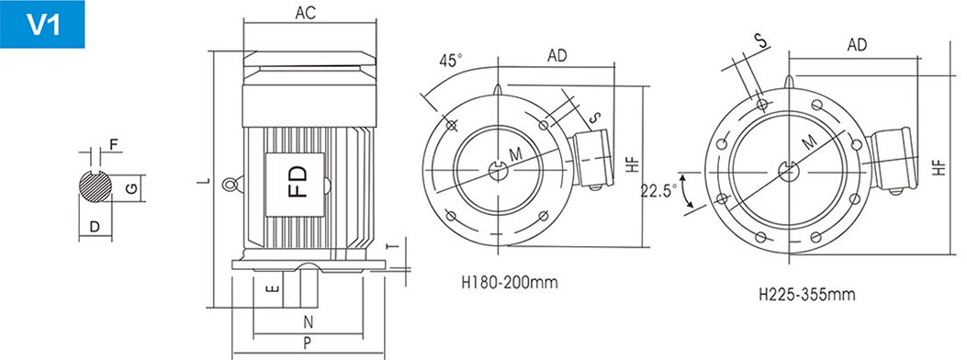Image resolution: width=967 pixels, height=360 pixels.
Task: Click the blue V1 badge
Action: (42, 24)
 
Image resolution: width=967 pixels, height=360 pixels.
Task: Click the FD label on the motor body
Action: (298, 180)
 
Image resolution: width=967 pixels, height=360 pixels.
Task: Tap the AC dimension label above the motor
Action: (305, 13)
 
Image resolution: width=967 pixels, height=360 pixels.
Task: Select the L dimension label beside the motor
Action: (208, 181)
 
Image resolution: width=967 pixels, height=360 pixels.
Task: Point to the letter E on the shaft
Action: (275, 288)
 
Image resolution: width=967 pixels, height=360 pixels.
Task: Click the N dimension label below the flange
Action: (309, 321)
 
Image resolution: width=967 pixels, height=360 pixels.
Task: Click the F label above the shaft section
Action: (114, 145)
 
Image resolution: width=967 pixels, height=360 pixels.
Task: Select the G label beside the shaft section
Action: (131, 188)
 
